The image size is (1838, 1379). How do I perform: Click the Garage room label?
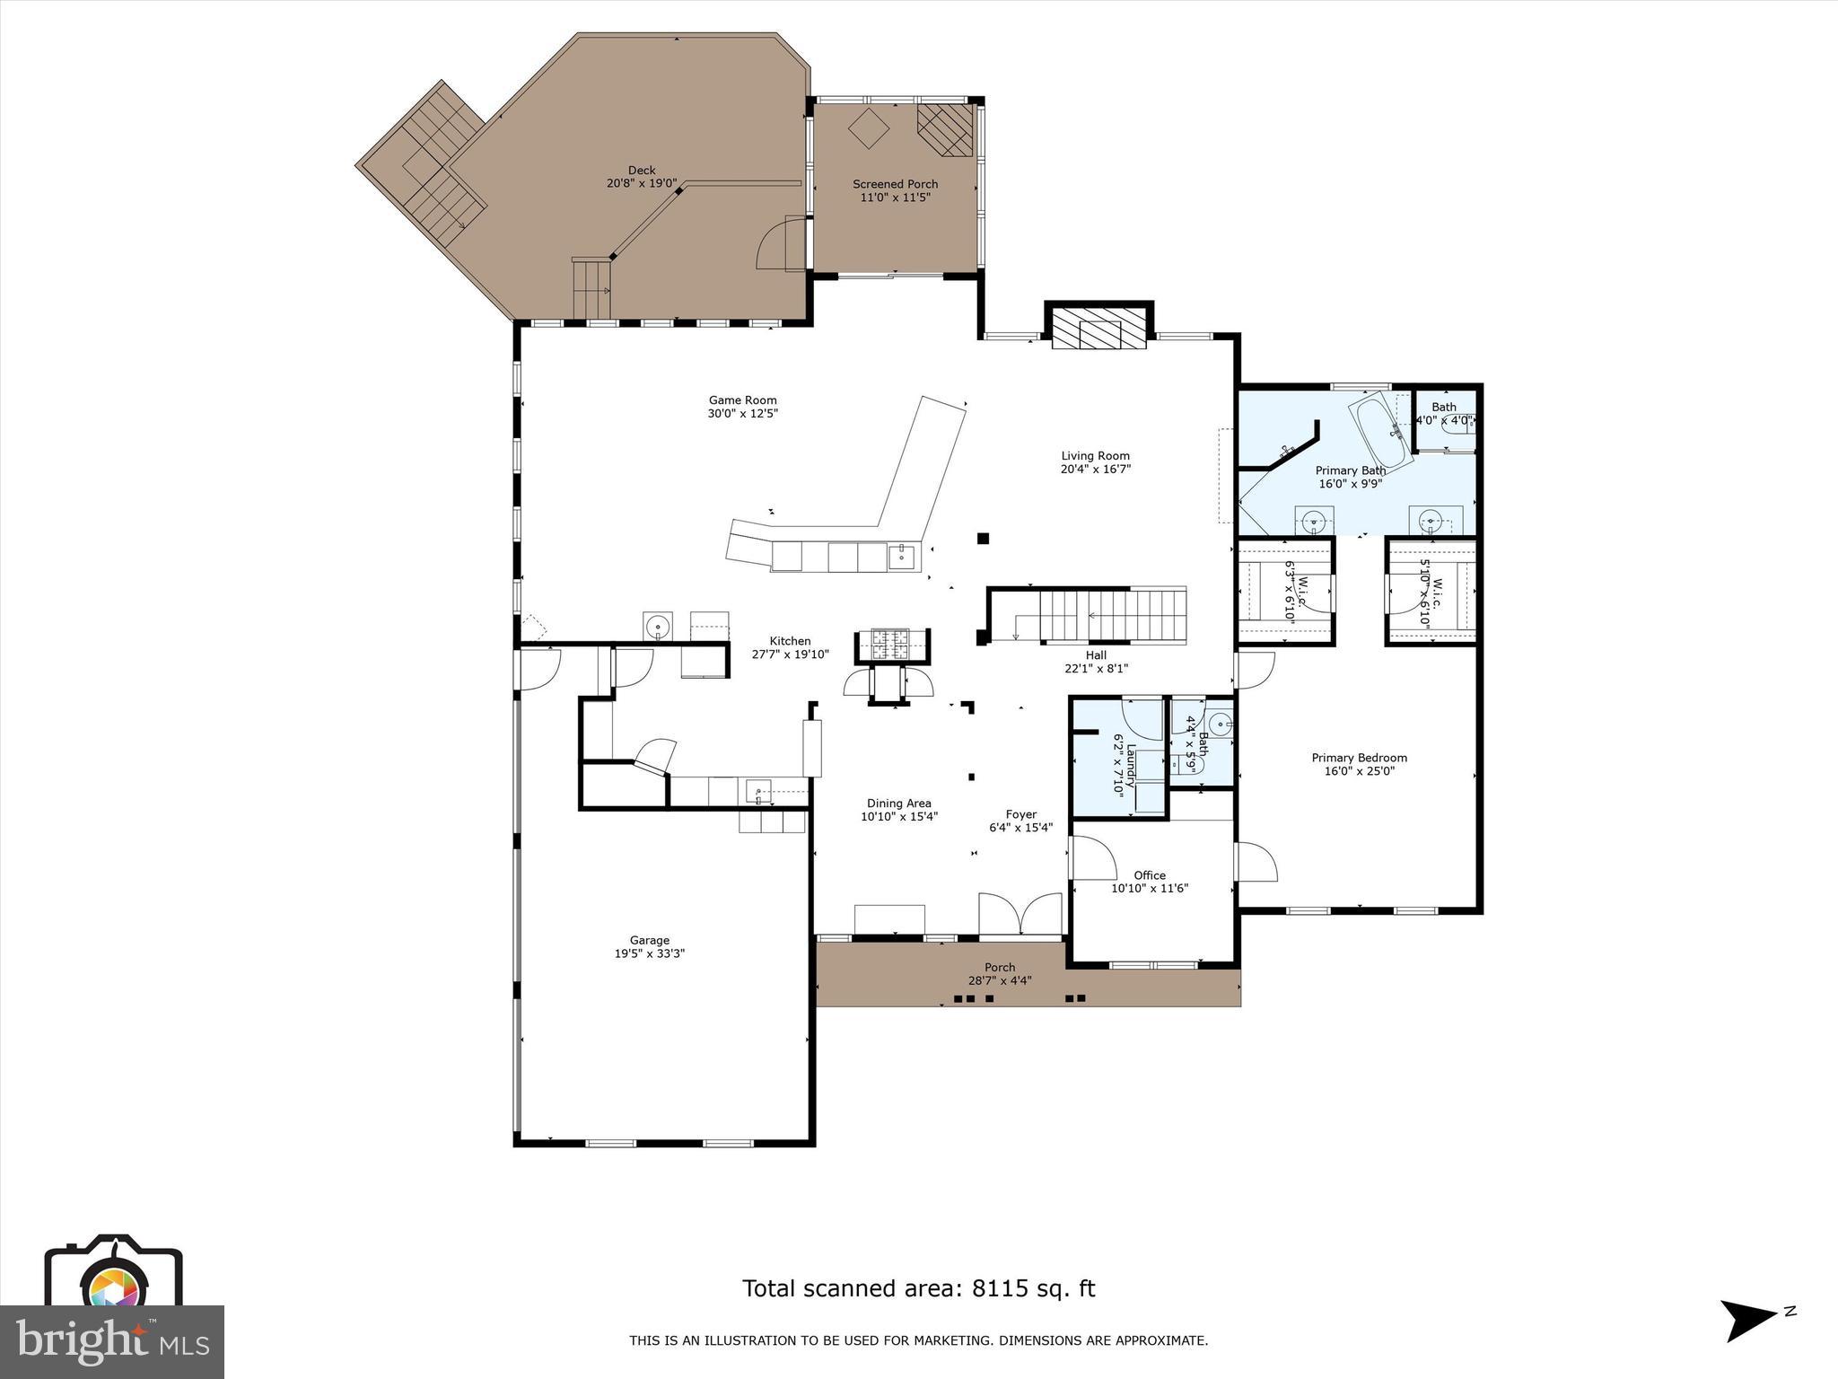coord(649,940)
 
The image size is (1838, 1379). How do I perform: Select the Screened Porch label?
coord(895,184)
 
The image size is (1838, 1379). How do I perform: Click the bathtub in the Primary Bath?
coord(1381,428)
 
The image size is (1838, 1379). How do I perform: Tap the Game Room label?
coord(742,400)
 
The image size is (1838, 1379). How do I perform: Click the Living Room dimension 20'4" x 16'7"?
coord(1095,469)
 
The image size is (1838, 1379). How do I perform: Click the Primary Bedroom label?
coord(1359,758)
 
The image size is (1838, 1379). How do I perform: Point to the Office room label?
coord(1149,875)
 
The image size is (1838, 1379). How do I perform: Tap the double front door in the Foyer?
coord(1020,914)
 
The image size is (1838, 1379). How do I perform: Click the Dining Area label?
coord(898,804)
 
